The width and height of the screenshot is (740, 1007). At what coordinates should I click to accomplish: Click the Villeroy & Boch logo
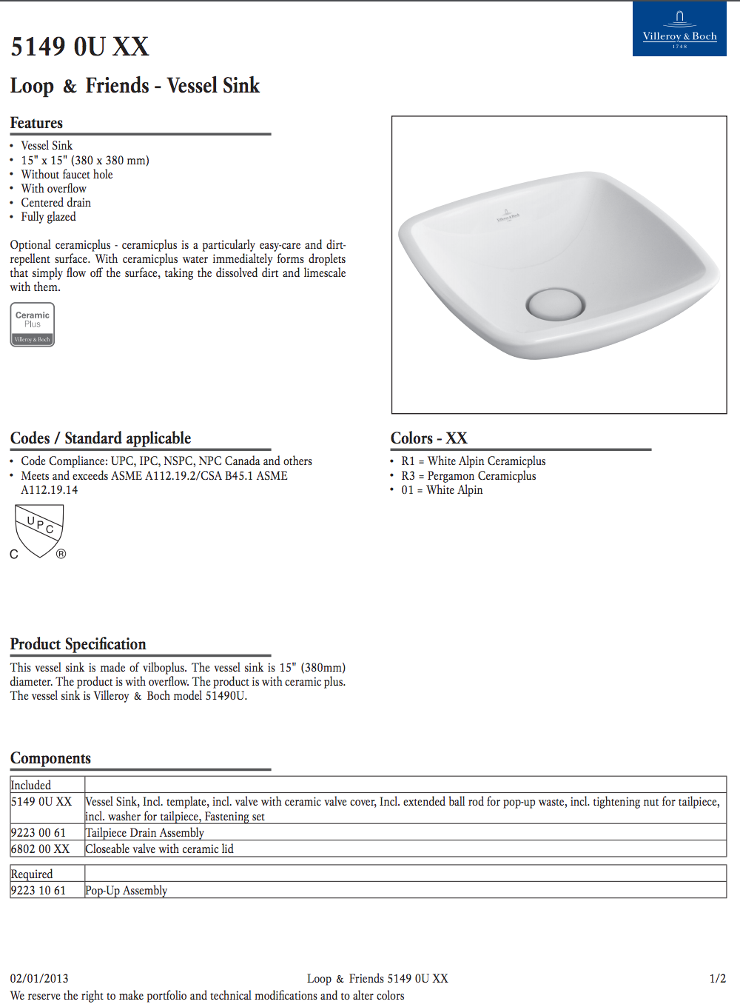tap(679, 30)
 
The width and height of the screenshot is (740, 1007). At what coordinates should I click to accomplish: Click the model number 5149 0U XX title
tap(80, 47)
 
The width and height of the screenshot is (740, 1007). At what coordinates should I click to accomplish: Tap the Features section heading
tap(36, 123)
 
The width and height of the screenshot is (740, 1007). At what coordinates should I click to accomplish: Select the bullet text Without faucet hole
tap(67, 175)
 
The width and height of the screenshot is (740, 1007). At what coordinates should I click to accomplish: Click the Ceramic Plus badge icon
tap(33, 324)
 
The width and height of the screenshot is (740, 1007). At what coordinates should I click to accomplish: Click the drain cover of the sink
tap(555, 303)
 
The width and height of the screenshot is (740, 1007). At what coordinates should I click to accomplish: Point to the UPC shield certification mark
tap(39, 531)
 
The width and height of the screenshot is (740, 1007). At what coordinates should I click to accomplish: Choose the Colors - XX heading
tap(429, 438)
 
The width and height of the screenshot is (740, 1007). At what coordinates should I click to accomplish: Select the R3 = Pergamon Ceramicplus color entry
tap(468, 476)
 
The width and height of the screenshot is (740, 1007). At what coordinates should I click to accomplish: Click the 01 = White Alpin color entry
tap(442, 490)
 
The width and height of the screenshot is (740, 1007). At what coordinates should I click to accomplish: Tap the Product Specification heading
tap(78, 644)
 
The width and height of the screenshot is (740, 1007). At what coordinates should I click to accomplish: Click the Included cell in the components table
tap(31, 785)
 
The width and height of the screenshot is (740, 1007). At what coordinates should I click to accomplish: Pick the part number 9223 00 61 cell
tap(38, 833)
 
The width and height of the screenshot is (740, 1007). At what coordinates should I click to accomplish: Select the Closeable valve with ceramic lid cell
tap(159, 849)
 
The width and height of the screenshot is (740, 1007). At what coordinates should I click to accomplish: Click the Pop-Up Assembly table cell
tap(126, 891)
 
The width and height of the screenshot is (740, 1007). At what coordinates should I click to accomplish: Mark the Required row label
tap(32, 874)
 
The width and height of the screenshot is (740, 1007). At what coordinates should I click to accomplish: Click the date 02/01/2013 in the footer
tap(39, 979)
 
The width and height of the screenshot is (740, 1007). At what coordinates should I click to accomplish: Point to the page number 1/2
tap(717, 979)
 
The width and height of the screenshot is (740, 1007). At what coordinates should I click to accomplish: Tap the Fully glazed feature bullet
tap(48, 217)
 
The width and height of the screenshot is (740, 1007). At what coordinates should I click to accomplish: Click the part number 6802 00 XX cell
tap(40, 849)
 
